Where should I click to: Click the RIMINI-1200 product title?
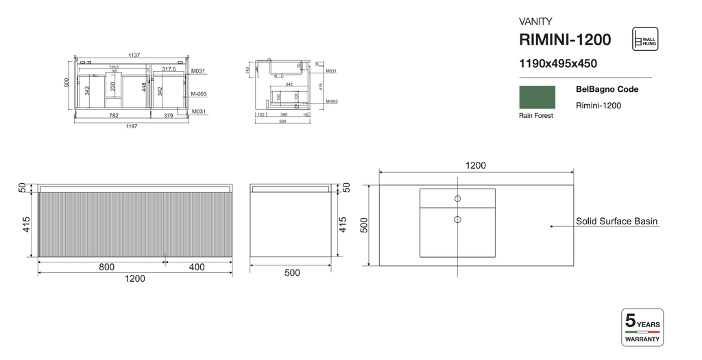click(x=565, y=40)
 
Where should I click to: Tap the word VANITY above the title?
click(x=535, y=21)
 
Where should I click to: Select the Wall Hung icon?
click(x=644, y=40)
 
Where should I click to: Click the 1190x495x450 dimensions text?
click(x=558, y=64)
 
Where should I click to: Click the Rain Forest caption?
click(x=536, y=116)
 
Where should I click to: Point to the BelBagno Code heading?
click(x=607, y=89)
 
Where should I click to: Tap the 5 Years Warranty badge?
click(x=642, y=328)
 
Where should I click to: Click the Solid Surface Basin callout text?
click(x=616, y=221)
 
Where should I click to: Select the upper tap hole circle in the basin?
click(x=457, y=199)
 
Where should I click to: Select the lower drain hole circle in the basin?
click(x=457, y=220)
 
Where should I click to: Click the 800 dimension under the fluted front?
click(x=107, y=267)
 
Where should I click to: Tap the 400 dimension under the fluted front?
click(x=198, y=267)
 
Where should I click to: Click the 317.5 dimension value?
click(x=169, y=69)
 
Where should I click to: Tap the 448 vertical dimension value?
click(x=145, y=87)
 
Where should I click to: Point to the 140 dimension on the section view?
click(x=247, y=70)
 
